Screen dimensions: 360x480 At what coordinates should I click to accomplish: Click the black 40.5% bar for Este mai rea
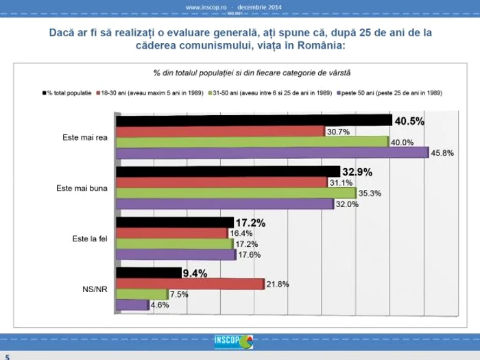click(x=254, y=121)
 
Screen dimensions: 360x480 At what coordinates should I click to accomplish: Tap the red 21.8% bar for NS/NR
click(x=190, y=284)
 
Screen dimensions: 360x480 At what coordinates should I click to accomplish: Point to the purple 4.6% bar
click(x=132, y=305)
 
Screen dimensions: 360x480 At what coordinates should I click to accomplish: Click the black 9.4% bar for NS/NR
click(x=148, y=273)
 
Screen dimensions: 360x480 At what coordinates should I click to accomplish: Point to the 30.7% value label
click(x=338, y=132)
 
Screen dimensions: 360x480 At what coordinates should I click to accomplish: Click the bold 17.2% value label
click(x=250, y=222)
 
